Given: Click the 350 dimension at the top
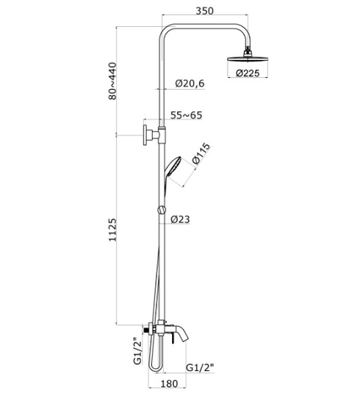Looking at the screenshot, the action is click(204, 10).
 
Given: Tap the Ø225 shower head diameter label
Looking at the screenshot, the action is click(248, 73).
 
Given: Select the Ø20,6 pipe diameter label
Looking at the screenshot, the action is click(190, 84).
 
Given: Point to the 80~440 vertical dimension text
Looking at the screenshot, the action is click(112, 81).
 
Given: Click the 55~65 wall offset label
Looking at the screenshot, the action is click(186, 115).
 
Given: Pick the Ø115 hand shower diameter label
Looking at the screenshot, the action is click(201, 154).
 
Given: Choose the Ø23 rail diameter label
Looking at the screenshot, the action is click(180, 219).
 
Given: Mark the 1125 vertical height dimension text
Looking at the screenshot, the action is click(112, 230).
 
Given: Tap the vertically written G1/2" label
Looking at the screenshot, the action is click(138, 351).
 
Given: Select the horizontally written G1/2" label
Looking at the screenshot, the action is click(200, 367).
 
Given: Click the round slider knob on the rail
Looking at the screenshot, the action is click(162, 210).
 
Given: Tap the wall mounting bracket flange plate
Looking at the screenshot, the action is click(145, 135).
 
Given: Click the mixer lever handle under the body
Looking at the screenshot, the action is click(173, 339).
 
